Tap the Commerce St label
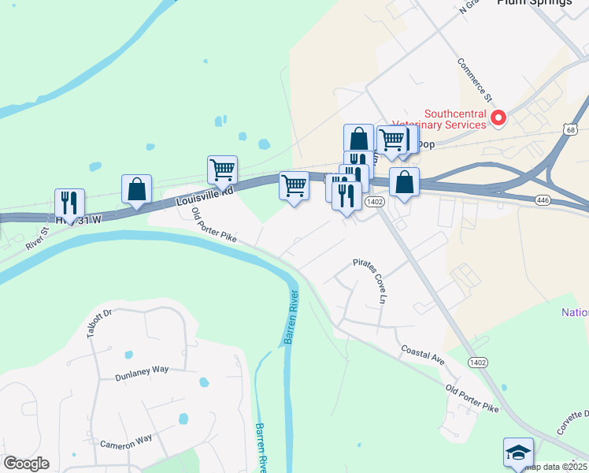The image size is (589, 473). tap(475, 79)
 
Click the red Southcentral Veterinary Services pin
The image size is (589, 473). tap(498, 119)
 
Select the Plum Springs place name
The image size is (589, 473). tap(535, 2)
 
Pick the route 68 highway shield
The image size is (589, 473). tap(571, 128)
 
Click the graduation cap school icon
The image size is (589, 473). tap(518, 453)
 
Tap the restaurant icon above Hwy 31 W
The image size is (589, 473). tap(69, 202)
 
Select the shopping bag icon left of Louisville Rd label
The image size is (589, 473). tap(137, 188)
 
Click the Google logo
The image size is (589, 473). tap(26, 464)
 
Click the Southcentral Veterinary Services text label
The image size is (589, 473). tap(456, 120)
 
